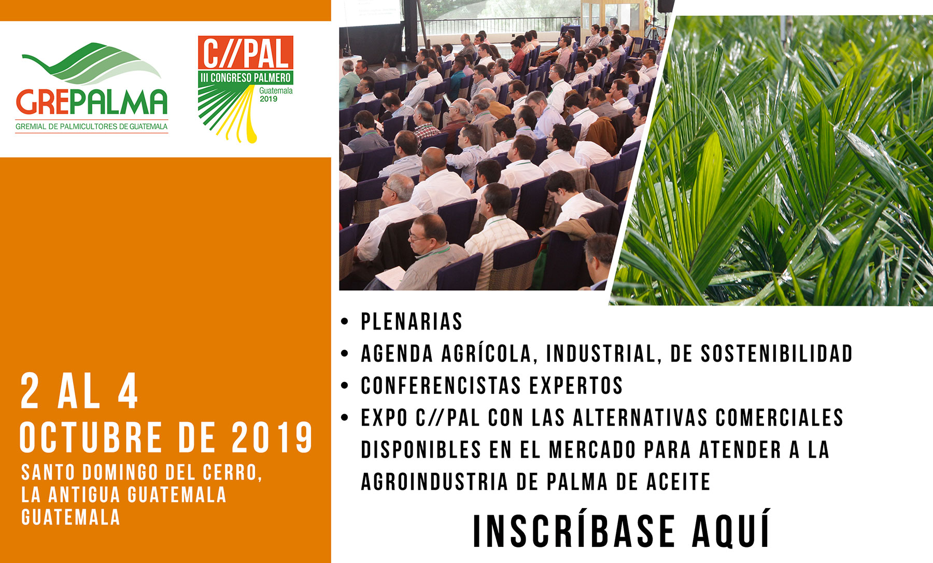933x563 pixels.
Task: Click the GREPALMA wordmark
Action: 92,102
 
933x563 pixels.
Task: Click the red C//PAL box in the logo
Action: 246,53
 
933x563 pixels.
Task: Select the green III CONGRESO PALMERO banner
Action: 246,78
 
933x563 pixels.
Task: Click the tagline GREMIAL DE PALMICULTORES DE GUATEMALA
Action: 92,127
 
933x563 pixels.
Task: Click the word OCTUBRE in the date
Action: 91,437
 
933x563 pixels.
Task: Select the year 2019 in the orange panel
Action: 272,437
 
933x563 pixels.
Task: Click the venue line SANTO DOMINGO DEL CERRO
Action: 142,472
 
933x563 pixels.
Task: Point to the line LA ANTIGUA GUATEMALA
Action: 124,495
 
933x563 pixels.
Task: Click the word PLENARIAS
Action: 412,322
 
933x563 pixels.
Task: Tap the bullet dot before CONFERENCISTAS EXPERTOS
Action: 345,386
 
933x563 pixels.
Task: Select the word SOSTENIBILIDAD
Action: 777,354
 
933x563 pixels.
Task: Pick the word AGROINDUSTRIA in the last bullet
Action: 434,482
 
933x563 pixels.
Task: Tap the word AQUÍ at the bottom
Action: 732,530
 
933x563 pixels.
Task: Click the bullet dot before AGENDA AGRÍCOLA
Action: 345,354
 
